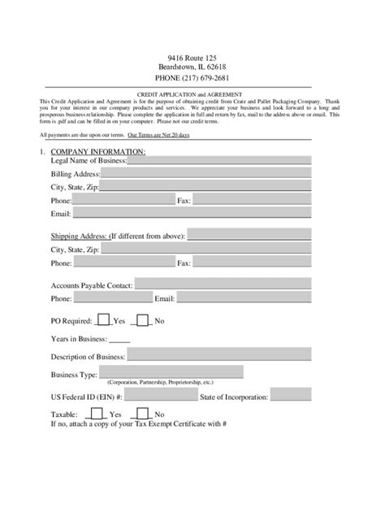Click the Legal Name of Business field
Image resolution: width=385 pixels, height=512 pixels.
click(218, 160)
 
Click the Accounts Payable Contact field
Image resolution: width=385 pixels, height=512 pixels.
click(223, 284)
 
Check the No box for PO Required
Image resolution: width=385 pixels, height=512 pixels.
click(143, 320)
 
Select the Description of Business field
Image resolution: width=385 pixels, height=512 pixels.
click(218, 355)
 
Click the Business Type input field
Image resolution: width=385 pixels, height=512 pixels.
click(171, 371)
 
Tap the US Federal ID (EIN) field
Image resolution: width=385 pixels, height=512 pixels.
click(162, 395)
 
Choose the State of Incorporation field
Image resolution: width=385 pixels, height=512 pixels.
click(291, 395)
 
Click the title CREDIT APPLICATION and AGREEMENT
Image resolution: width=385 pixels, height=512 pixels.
click(192, 93)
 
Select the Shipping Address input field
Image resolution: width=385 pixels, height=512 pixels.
click(249, 236)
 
